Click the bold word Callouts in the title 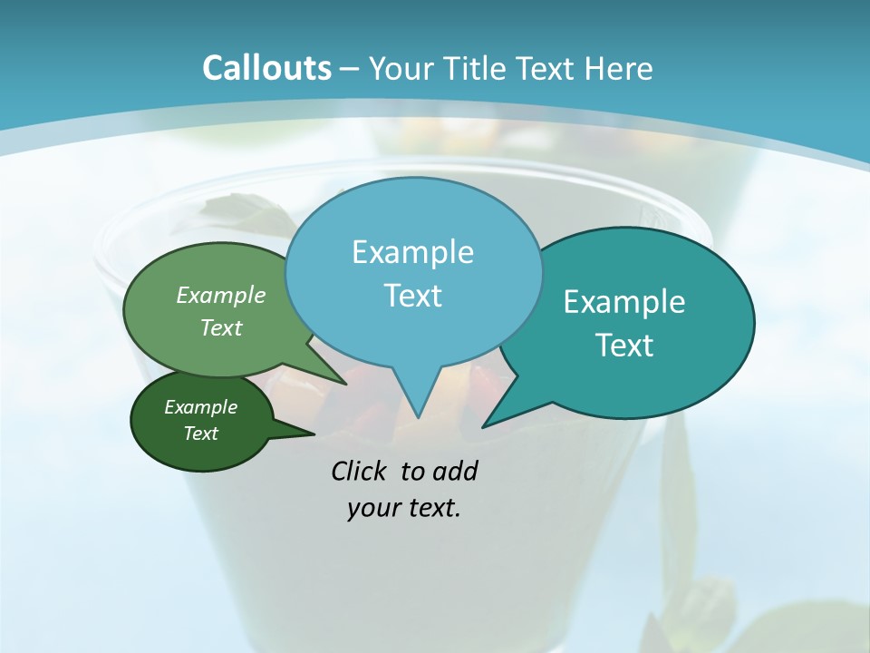click(x=266, y=68)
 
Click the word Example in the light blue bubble click(x=412, y=252)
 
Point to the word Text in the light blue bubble click(x=412, y=296)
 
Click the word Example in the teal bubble click(x=624, y=302)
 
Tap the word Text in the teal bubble click(x=624, y=346)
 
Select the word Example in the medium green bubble click(x=221, y=296)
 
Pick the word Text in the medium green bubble click(x=221, y=327)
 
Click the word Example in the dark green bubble click(x=200, y=407)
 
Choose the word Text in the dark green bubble click(x=200, y=434)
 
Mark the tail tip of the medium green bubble click(x=344, y=383)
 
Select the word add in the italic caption click(x=456, y=471)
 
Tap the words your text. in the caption click(x=404, y=508)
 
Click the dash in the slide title click(x=351, y=69)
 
